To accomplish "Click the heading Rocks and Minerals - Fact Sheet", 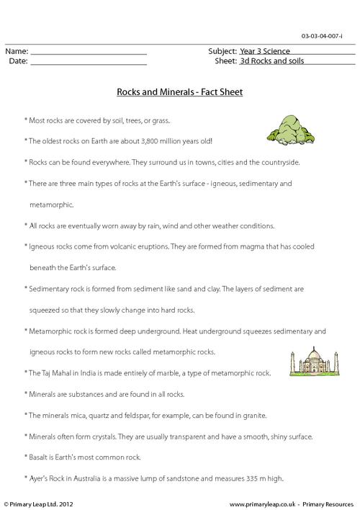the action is point(180,92).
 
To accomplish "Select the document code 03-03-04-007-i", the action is point(330,36).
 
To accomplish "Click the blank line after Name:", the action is point(89,53).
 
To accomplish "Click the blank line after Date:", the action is point(89,63).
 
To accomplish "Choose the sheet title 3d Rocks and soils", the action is point(271,62).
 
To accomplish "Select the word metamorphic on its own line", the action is point(52,205).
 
